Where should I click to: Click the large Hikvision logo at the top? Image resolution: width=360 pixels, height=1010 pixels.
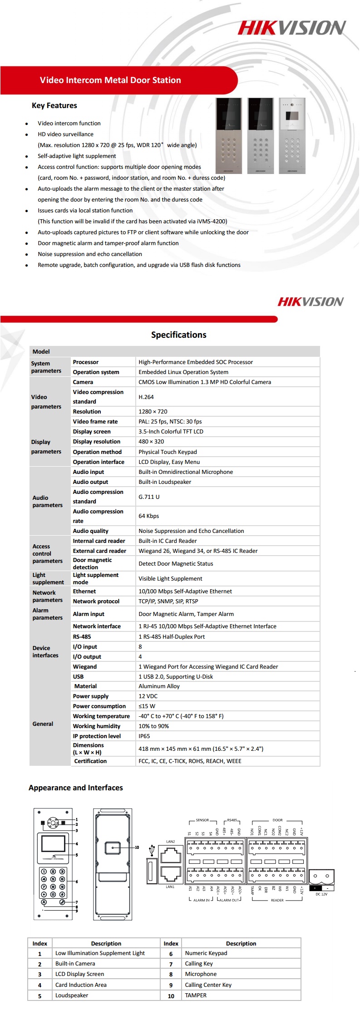point(291,28)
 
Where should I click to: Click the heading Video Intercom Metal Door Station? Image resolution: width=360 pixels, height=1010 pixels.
point(110,80)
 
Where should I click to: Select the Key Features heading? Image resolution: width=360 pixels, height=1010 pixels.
point(54,106)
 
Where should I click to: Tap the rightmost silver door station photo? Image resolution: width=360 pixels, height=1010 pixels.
point(292,136)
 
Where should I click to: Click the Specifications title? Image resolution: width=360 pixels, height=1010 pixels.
point(179,335)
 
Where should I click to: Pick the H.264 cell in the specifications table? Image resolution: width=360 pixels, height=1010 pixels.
point(146,397)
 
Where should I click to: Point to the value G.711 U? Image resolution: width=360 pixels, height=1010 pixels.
point(149,497)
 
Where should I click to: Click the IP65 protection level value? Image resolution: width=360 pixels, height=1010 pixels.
point(144,736)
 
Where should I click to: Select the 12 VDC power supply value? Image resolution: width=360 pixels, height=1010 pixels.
point(148,696)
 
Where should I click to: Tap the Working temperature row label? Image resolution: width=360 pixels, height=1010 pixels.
point(101,716)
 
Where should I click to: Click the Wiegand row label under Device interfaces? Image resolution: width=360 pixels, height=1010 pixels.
point(85,667)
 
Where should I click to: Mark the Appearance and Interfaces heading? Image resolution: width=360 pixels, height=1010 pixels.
point(76,788)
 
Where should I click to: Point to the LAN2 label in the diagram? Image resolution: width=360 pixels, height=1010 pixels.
point(170,842)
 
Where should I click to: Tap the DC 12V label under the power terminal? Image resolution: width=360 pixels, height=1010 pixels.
point(321,894)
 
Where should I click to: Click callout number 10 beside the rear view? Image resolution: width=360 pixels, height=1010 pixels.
point(137,847)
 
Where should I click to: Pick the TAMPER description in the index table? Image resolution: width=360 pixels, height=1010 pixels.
point(196,995)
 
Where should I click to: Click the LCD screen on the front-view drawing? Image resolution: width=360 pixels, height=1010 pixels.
point(53,844)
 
